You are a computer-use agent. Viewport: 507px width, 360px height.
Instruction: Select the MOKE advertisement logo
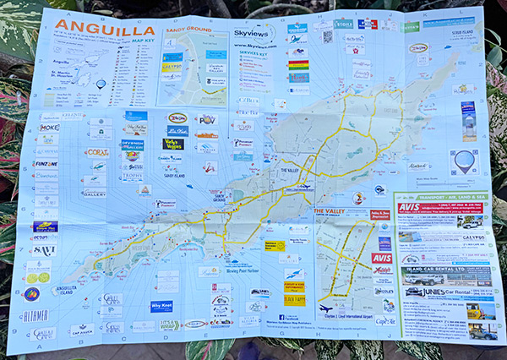50,128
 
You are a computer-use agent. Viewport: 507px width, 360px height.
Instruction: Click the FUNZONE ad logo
45,164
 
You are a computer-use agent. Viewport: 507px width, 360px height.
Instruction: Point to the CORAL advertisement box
97,153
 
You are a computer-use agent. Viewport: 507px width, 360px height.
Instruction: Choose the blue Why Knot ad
161,306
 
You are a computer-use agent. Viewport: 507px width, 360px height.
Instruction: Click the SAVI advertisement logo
44,251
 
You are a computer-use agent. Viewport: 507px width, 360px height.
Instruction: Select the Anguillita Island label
64,290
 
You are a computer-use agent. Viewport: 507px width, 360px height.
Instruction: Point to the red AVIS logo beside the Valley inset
382,258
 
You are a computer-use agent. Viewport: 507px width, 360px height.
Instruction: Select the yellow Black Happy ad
293,299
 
